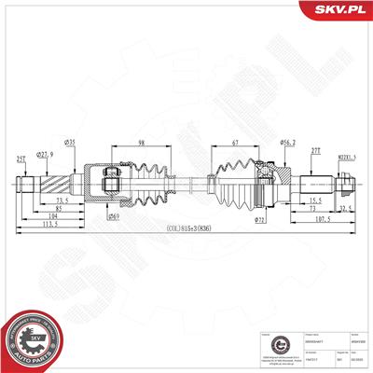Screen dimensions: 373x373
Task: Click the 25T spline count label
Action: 20,159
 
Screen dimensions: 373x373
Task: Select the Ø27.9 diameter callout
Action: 44,153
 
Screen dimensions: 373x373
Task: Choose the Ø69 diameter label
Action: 113,216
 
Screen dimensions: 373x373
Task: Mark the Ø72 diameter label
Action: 259,220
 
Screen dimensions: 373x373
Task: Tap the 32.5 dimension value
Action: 344,209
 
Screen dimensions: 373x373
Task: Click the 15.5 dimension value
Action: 317,200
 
